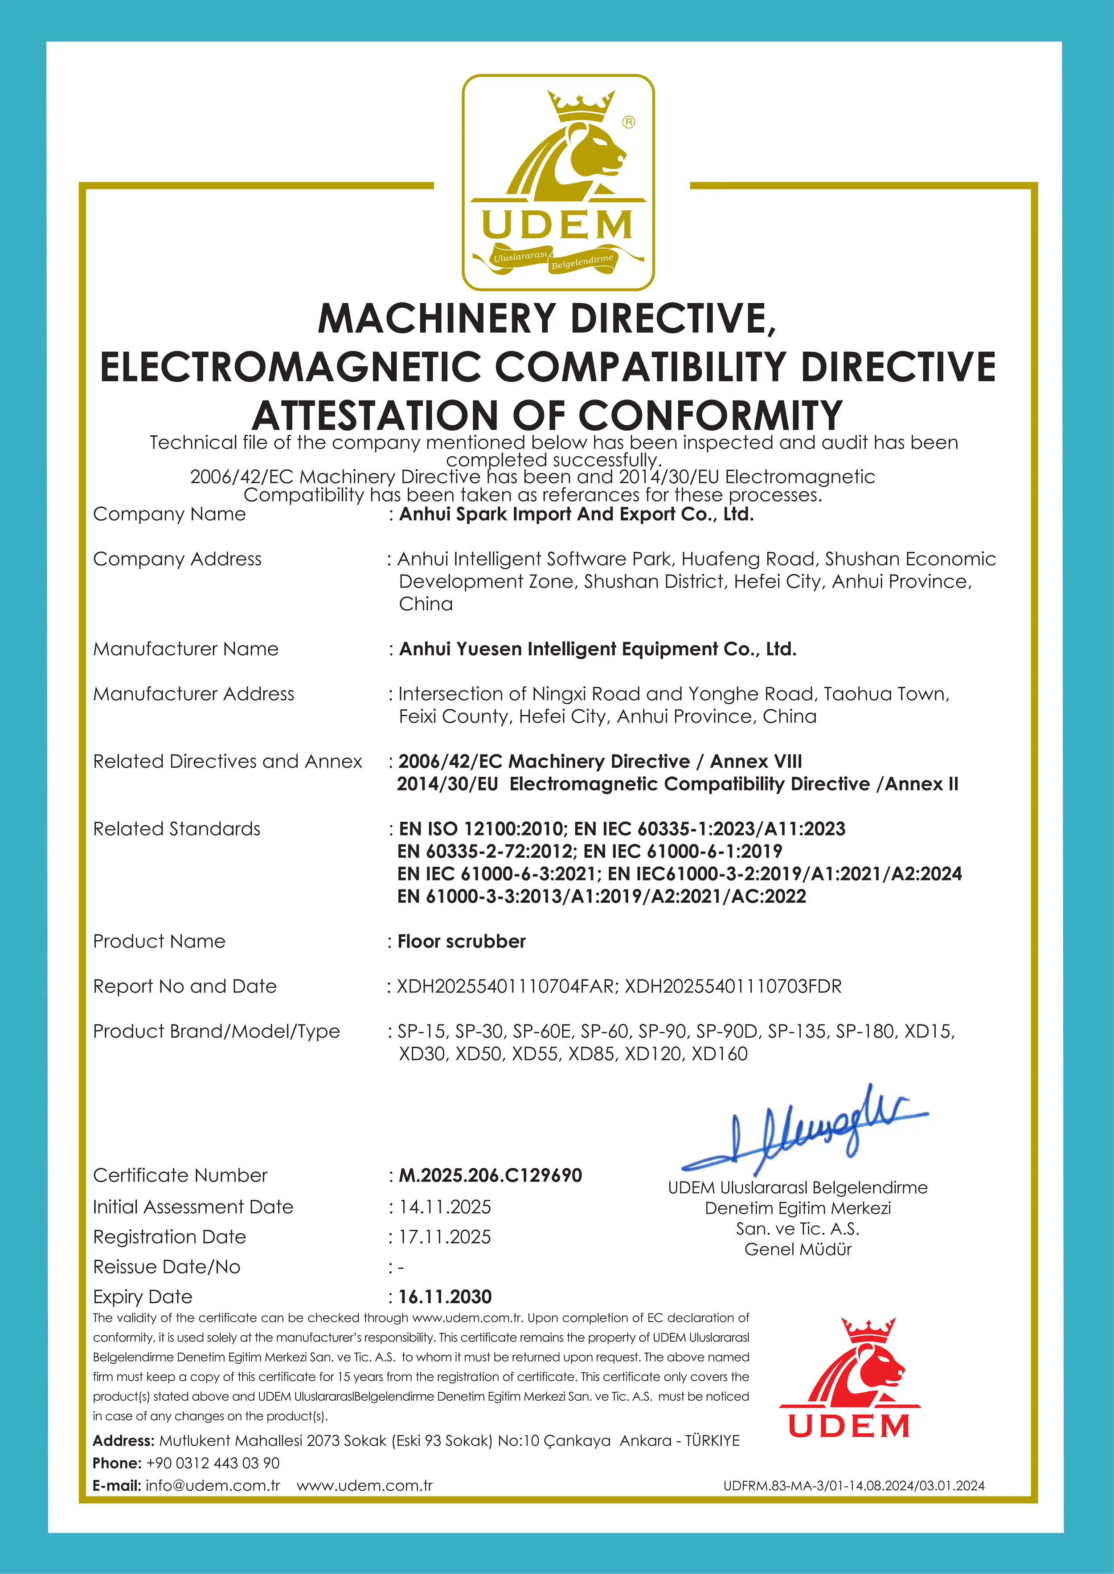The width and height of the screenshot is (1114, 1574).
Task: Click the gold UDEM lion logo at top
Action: click(x=558, y=182)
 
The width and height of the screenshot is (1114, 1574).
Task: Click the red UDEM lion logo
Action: click(x=850, y=1378)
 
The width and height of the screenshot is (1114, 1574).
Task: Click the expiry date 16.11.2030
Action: click(x=445, y=1297)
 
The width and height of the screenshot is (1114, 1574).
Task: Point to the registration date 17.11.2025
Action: click(x=445, y=1237)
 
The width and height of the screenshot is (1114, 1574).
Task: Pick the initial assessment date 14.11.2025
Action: click(x=445, y=1207)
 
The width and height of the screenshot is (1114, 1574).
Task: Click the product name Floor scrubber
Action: click(x=461, y=941)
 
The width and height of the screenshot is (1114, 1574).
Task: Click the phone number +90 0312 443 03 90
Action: click(x=213, y=1463)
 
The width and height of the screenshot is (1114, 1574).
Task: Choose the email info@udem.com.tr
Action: click(x=213, y=1485)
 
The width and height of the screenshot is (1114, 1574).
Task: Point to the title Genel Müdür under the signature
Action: click(x=798, y=1249)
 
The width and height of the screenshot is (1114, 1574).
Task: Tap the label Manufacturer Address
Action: click(x=193, y=694)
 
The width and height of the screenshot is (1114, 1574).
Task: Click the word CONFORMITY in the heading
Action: click(x=710, y=416)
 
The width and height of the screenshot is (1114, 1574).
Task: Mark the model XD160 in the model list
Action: click(x=719, y=1054)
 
